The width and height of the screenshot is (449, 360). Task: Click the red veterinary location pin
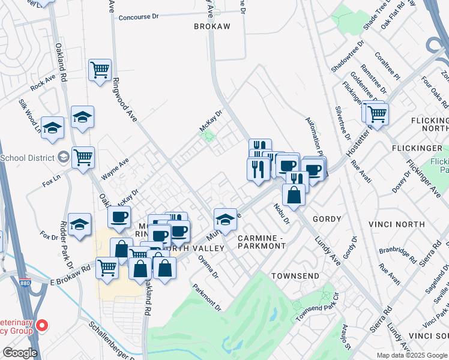pos(41,326)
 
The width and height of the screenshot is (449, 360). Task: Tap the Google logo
pos(19,353)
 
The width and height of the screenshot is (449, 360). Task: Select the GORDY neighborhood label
pos(327,220)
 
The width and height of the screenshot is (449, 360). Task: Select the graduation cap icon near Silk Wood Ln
pos(53,127)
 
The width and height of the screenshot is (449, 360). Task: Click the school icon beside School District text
pos(63,158)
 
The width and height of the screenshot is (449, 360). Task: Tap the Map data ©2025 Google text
pos(411,355)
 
